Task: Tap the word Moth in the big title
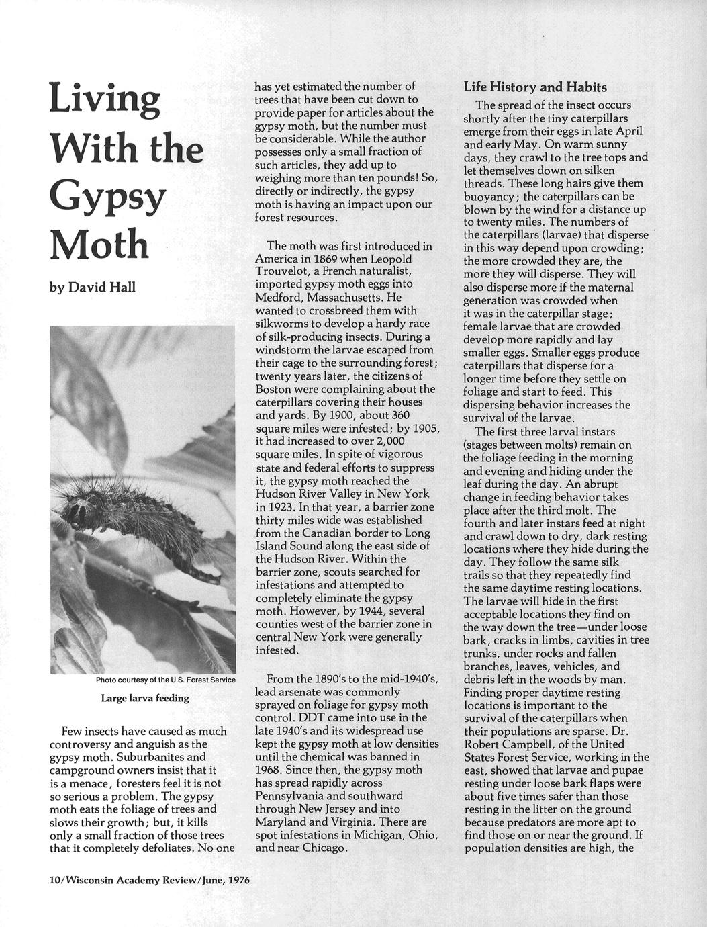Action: (x=99, y=245)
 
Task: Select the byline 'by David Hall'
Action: (x=93, y=288)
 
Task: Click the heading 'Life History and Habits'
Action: (x=535, y=87)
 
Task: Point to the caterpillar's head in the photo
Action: (x=76, y=513)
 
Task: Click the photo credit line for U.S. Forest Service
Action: (x=165, y=680)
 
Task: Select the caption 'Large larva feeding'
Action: (x=144, y=698)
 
